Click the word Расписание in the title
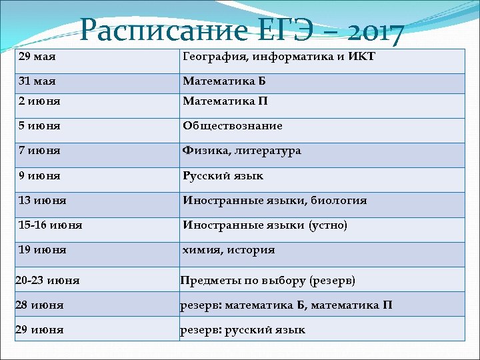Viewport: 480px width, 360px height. (163, 30)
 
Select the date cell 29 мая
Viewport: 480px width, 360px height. (37, 57)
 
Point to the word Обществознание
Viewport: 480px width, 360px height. (233, 126)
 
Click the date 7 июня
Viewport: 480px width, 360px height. (40, 151)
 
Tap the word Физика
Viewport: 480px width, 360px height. (203, 151)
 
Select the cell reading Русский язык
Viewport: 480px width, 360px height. (223, 176)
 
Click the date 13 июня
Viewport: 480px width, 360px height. (43, 201)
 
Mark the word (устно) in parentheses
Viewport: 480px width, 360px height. (327, 225)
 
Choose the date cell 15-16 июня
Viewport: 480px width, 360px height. (51, 225)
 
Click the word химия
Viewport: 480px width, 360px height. (201, 251)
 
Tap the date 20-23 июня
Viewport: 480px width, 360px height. (47, 281)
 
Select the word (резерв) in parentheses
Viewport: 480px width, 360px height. (331, 281)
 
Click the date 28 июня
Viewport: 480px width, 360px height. (39, 305)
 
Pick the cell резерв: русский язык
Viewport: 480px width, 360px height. (243, 330)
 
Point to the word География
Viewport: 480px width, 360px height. (212, 57)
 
